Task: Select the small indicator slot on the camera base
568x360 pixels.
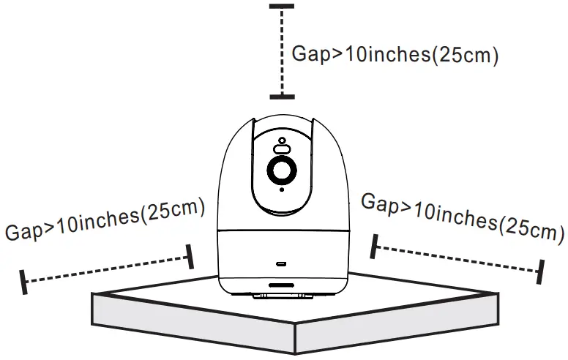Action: pos(282,260)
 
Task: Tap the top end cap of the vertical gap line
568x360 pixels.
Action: pos(282,7)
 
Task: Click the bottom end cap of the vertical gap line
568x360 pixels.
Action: pos(282,96)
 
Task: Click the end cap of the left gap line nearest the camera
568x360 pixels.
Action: pos(190,256)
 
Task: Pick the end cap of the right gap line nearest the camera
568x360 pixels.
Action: pos(375,247)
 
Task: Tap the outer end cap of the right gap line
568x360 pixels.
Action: pos(542,271)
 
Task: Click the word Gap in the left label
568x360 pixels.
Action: pos(25,230)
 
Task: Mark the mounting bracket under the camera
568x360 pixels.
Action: pos(282,296)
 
